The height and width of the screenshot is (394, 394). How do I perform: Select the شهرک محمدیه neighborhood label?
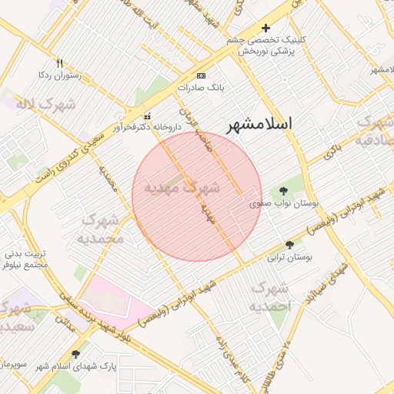click(99, 229)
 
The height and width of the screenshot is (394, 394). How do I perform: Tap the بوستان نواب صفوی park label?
click(285, 204)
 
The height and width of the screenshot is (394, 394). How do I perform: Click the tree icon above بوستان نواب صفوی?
click(285, 190)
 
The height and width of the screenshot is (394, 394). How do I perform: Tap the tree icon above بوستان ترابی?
click(289, 245)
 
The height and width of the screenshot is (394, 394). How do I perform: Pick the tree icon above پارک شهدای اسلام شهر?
click(75, 354)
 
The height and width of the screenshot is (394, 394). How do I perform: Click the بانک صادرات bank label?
click(200, 88)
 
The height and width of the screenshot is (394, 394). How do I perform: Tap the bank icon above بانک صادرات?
click(202, 75)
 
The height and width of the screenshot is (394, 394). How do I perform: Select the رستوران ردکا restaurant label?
click(59, 75)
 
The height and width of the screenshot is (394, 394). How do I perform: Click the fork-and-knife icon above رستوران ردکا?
click(59, 63)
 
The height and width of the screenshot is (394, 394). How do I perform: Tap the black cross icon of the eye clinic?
click(265, 28)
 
